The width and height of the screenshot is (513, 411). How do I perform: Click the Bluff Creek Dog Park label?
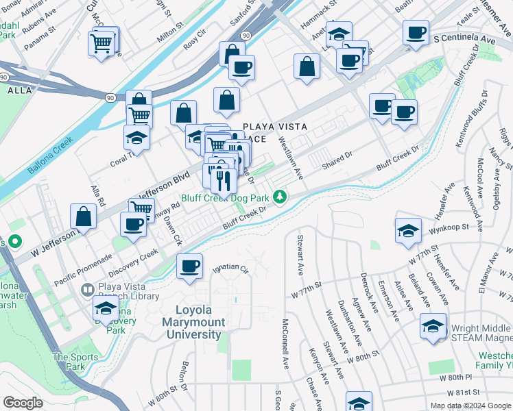[226, 199]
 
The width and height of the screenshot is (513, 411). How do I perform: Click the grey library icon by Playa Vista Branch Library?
[87, 290]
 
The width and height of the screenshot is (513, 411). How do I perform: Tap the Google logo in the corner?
[23, 403]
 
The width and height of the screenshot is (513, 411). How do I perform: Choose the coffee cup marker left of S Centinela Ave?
[415, 34]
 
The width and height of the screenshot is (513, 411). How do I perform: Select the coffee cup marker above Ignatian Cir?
[189, 267]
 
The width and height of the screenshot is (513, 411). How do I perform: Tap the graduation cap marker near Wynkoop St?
[408, 231]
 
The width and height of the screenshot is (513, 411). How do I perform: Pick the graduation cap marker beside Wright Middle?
[433, 327]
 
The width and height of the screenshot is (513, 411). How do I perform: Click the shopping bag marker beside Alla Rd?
[84, 217]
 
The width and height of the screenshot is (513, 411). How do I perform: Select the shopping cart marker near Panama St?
[102, 45]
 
